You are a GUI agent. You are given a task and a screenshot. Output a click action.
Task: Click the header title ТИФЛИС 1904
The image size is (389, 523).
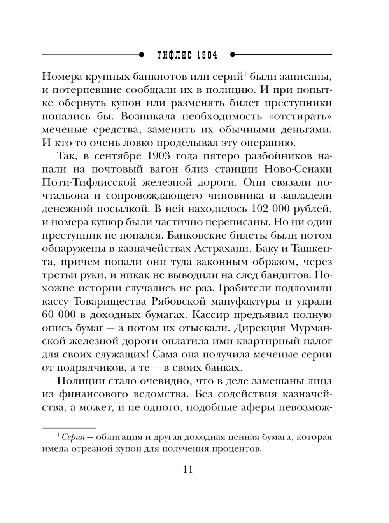pos(186,55)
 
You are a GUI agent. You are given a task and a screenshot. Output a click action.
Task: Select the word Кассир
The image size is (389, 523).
pos(220,315)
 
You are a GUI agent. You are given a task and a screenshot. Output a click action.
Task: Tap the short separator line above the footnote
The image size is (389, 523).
pos(69,427)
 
